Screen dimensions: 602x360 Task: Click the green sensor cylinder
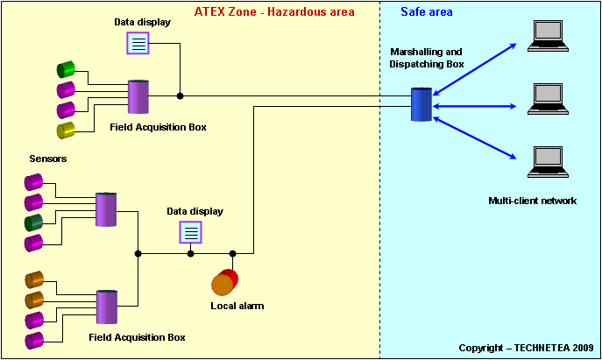[66, 69]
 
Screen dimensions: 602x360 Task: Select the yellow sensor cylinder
[66, 131]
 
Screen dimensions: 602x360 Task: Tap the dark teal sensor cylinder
[34, 223]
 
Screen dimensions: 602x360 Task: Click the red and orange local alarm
[225, 282]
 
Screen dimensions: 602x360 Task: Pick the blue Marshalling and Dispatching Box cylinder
[421, 104]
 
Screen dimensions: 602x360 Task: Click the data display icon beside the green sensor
[138, 43]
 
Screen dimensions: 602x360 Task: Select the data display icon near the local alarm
[190, 232]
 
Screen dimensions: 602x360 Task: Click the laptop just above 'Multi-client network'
[548, 162]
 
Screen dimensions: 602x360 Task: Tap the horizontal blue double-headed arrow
[475, 106]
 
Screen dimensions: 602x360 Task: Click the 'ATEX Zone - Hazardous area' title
[274, 12]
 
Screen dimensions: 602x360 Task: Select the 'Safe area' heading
[427, 12]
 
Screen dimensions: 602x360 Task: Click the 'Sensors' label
[48, 159]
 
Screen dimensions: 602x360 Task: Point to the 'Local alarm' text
[237, 306]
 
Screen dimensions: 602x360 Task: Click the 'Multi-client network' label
[533, 201]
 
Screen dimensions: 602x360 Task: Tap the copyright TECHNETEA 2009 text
[527, 348]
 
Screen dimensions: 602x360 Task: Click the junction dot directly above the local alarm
[233, 254]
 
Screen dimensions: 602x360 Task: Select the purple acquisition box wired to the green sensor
[138, 96]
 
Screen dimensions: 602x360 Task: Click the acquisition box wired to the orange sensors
[107, 307]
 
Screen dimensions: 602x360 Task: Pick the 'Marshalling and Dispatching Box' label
[426, 58]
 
